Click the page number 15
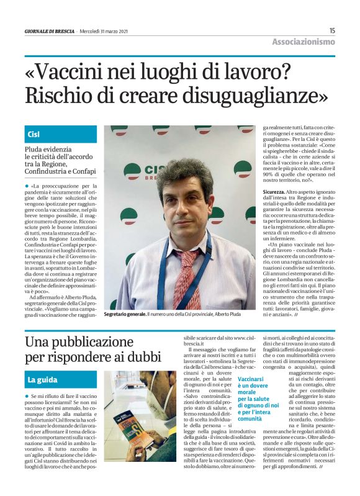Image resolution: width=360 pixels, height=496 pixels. coord(332,30)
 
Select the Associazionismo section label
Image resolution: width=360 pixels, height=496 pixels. coord(304,42)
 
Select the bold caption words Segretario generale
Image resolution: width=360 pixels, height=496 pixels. coord(125,315)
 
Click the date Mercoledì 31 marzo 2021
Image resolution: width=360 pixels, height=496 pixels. coord(106,31)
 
